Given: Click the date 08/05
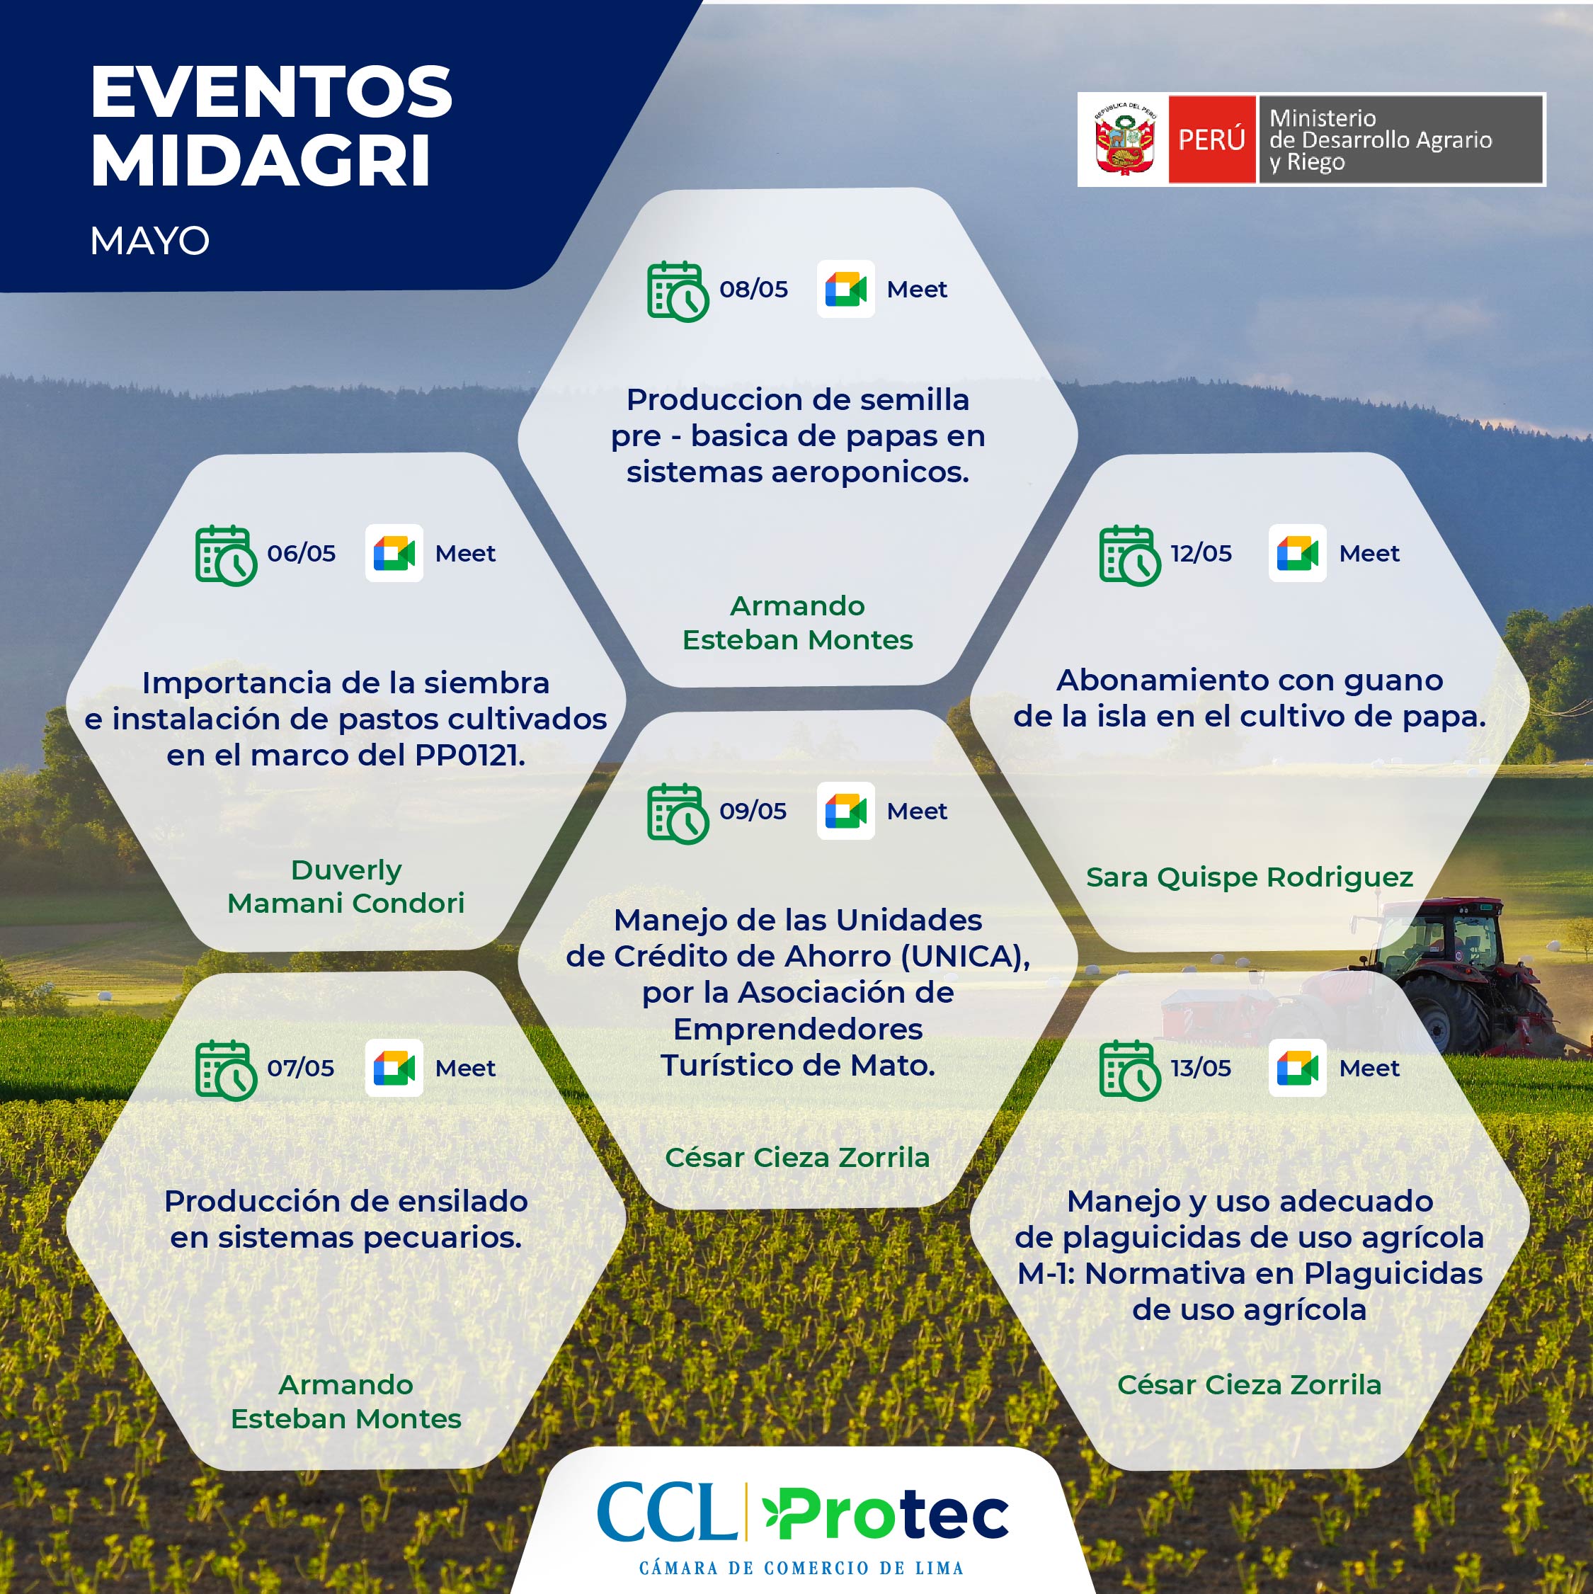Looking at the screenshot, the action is (x=753, y=290).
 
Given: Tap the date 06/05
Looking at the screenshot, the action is (x=301, y=553).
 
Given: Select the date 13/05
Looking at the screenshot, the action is (x=1200, y=1068).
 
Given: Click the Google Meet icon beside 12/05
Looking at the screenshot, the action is (x=1297, y=553).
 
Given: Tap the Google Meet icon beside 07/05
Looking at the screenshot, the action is (x=394, y=1068).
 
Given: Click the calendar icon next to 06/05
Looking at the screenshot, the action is (x=226, y=555).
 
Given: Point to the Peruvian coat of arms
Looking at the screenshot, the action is (x=1123, y=139).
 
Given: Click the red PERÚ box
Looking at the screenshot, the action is (x=1211, y=139).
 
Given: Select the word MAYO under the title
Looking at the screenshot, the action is (x=149, y=241).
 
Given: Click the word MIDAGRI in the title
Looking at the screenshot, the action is (x=261, y=160).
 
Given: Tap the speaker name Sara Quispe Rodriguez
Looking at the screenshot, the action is (x=1249, y=877).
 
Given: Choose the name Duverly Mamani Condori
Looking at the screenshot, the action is (x=346, y=886).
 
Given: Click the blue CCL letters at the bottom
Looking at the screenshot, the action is (x=666, y=1513).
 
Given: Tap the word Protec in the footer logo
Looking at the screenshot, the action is (x=886, y=1515).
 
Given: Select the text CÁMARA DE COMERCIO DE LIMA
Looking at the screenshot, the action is (x=801, y=1568).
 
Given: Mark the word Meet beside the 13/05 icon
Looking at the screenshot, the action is (x=1369, y=1069).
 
